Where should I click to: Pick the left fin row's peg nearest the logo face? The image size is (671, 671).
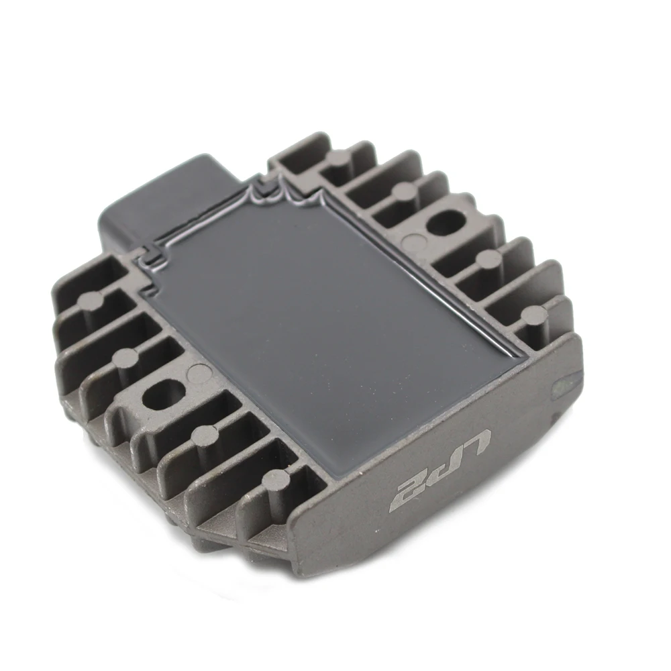click(x=274, y=478)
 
